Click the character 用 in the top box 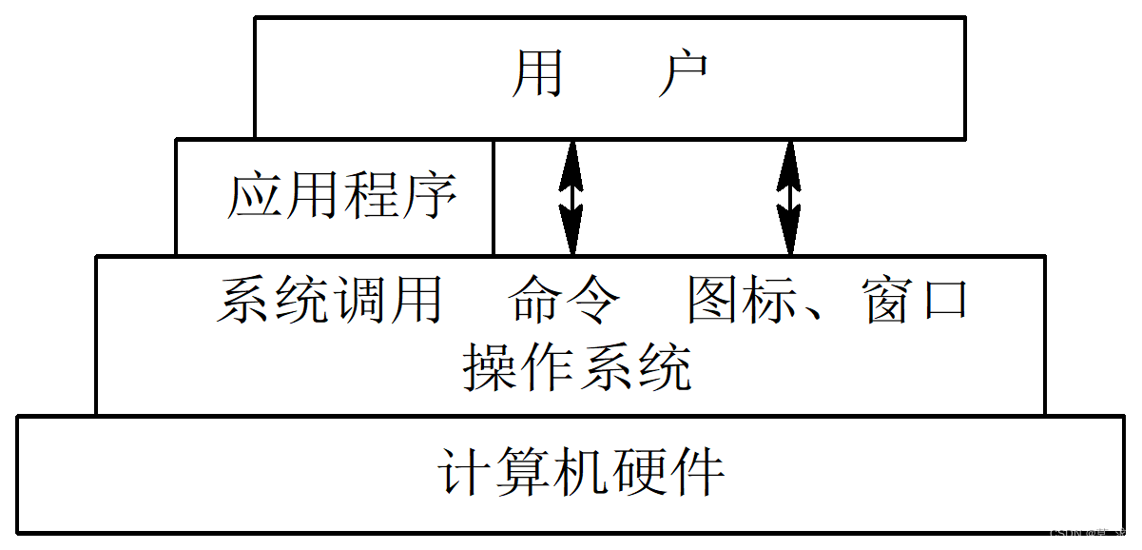(538, 74)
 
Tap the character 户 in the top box (683, 74)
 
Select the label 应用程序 (341, 196)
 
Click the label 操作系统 (577, 367)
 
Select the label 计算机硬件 (582, 472)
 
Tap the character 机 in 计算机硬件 (582, 472)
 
